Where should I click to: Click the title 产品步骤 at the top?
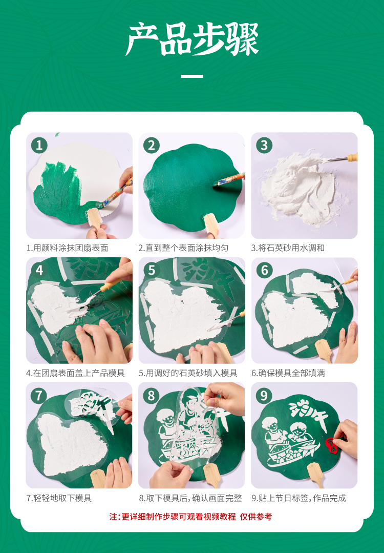coord(193,39)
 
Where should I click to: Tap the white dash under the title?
coord(192,76)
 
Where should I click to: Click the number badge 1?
coord(39,145)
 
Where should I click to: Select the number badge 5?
coord(152,270)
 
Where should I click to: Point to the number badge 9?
coord(264,395)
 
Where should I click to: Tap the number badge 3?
coord(264,145)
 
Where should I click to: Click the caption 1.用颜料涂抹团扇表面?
coord(67,248)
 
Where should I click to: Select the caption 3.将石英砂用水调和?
coord(288,248)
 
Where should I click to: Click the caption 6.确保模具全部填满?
coord(288,373)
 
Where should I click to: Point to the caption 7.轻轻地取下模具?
coord(59,498)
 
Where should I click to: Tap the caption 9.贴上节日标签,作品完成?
coord(298,498)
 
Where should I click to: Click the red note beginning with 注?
coord(190,517)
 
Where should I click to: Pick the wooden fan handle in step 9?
coord(315,475)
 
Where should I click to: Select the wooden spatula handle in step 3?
coord(352,157)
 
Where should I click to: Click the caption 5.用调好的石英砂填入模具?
coord(188,373)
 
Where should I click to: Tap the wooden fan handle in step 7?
coord(98,478)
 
